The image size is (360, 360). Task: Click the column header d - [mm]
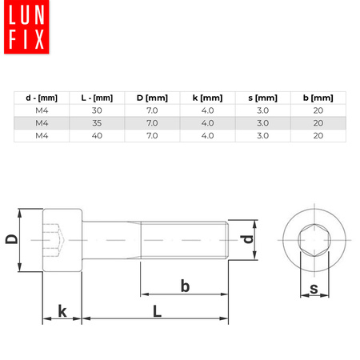[41, 98]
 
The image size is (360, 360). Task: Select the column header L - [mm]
[98, 98]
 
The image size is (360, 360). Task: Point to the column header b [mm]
[318, 98]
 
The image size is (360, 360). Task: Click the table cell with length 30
[98, 110]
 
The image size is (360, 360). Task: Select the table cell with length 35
[98, 123]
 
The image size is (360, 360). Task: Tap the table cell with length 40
[98, 136]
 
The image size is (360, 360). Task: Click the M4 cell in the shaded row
[41, 123]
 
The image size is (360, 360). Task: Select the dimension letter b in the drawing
[185, 286]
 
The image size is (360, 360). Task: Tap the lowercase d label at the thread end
[248, 239]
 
